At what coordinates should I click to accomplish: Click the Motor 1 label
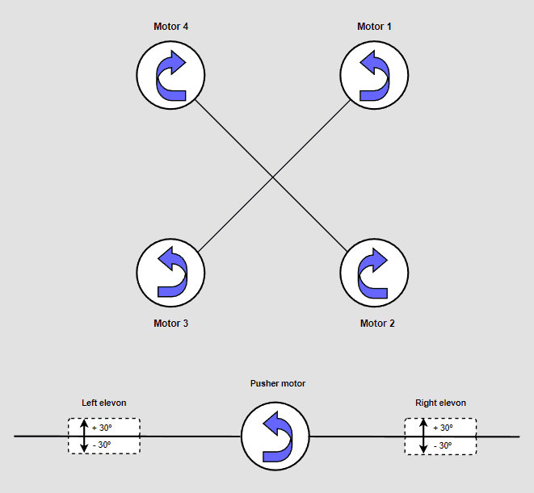tap(374, 27)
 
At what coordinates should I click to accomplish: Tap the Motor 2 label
tap(377, 324)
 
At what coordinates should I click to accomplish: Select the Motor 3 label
tap(170, 324)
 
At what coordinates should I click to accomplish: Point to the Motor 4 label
tap(170, 27)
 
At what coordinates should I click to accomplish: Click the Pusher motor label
tap(278, 384)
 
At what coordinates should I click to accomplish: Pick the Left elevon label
tap(104, 403)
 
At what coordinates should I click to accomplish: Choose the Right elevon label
tap(440, 403)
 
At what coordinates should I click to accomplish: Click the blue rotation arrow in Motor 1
tap(373, 75)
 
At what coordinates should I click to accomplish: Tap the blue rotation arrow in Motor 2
tap(373, 273)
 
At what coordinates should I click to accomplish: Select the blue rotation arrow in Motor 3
tap(171, 273)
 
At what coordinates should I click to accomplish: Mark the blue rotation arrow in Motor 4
tap(171, 75)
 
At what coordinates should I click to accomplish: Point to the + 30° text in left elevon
tap(102, 428)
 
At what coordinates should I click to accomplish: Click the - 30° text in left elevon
tap(102, 445)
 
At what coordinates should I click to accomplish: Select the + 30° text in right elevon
tap(442, 428)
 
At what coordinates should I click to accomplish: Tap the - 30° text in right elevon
tap(442, 445)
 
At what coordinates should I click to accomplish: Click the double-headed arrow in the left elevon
tap(84, 437)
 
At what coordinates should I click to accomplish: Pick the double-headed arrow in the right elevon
tap(423, 437)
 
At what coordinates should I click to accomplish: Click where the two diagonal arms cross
tap(272, 175)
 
